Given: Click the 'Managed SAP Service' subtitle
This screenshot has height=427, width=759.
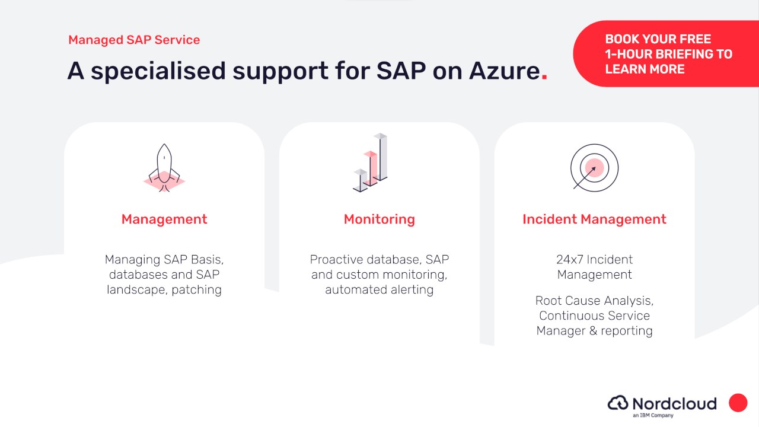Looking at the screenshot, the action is click(134, 40).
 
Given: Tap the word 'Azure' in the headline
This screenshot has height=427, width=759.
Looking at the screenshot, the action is click(505, 71).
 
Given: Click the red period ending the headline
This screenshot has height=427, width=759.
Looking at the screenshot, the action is click(544, 77).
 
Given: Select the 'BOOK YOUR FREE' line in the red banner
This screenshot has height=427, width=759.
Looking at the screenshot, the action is click(658, 39).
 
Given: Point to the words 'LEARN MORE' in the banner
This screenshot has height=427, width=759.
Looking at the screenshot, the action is click(645, 69).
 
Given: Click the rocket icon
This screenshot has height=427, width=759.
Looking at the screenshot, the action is click(164, 168).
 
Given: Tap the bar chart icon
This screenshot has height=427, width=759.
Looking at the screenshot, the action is click(370, 162).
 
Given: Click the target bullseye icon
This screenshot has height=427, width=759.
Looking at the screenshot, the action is click(594, 168).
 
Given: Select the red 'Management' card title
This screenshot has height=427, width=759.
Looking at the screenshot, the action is click(164, 219).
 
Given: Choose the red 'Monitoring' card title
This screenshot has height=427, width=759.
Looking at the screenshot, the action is click(379, 219).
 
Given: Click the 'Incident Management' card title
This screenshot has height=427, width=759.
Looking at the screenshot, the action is click(594, 219).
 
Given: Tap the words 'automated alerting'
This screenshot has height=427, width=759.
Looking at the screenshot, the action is click(379, 290).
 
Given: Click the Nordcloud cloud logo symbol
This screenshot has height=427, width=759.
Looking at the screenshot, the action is click(618, 403).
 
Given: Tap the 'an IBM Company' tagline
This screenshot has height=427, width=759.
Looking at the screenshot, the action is click(653, 415).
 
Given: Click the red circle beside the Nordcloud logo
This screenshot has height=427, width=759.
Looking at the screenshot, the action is click(738, 403).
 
